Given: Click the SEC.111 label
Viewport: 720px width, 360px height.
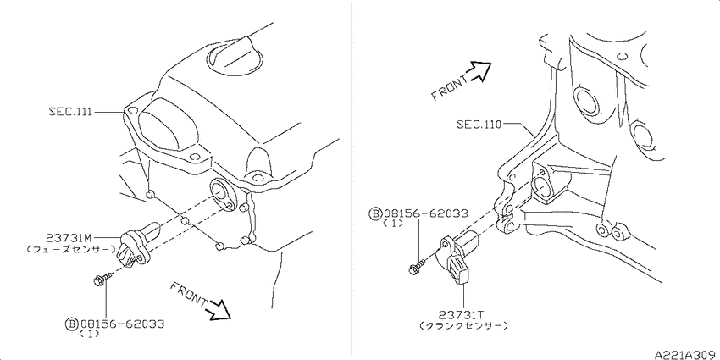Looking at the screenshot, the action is point(70,112).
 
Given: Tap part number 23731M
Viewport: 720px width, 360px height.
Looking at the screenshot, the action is point(69,238).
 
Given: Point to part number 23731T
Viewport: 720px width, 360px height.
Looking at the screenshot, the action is point(460,314).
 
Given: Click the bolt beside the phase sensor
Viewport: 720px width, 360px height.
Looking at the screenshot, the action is point(103,279).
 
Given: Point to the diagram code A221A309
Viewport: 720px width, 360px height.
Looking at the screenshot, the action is point(686,355).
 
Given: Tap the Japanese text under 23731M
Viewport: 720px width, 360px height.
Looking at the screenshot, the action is point(70,250).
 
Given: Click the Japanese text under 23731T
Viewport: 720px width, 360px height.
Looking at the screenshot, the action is point(464,325).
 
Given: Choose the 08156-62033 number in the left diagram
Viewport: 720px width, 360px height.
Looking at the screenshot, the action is point(122,324).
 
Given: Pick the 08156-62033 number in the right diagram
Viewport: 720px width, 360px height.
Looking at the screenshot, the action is point(426,213).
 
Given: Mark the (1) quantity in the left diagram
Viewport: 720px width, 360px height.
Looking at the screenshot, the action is point(89,335).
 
